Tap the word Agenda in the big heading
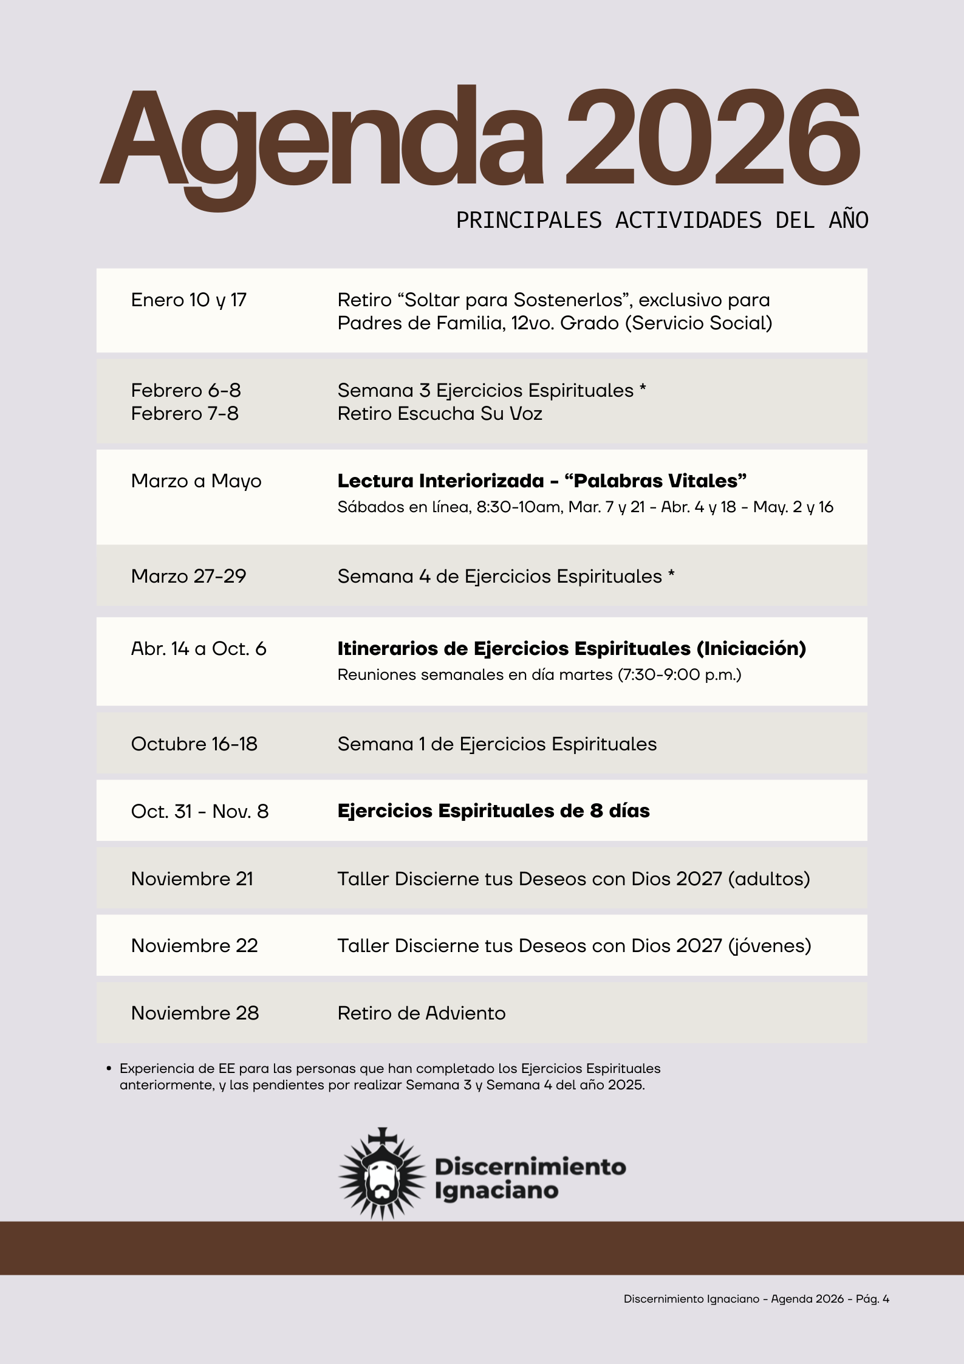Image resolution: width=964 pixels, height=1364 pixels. (322, 140)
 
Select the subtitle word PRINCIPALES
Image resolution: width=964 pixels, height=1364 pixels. (528, 220)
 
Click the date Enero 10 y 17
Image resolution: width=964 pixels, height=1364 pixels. (189, 300)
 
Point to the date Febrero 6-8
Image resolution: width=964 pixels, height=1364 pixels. (186, 390)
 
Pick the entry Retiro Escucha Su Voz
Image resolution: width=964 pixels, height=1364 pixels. (440, 414)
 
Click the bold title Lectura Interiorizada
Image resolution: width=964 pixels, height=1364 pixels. (440, 481)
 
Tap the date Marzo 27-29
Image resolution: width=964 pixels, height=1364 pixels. (189, 576)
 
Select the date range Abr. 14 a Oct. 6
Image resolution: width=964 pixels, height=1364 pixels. (199, 649)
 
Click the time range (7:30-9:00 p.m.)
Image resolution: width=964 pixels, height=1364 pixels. (679, 675)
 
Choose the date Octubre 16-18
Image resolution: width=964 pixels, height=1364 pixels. (194, 744)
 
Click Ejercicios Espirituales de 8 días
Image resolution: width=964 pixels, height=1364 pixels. (493, 811)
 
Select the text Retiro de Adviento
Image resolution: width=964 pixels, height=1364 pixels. (422, 1013)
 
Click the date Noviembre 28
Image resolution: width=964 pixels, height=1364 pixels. (195, 1013)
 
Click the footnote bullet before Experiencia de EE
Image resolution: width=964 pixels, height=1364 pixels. (109, 1069)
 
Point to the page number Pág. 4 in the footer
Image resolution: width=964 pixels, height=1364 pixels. (872, 1299)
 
